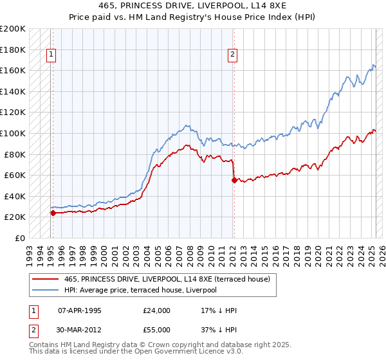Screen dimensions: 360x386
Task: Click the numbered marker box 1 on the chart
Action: pyautogui.click(x=51, y=55)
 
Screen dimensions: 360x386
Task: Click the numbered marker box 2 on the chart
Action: pyautogui.click(x=232, y=55)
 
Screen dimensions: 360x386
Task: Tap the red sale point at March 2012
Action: pyautogui.click(x=234, y=181)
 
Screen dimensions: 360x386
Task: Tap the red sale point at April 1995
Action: pyautogui.click(x=53, y=213)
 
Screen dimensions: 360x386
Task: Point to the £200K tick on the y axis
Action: pyautogui.click(x=13, y=29)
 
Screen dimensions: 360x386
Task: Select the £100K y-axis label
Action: pyautogui.click(x=13, y=133)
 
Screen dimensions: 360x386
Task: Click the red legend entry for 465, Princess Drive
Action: pyautogui.click(x=170, y=279)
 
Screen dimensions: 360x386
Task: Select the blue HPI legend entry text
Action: pyautogui.click(x=140, y=290)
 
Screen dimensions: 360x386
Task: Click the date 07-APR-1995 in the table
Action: pyautogui.click(x=80, y=310)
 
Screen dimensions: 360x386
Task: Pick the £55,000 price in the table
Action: pyautogui.click(x=157, y=329)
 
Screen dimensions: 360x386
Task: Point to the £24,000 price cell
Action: pyautogui.click(x=157, y=310)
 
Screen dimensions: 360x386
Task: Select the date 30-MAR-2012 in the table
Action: pyautogui.click(x=80, y=329)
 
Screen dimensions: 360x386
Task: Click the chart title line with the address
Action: pyautogui.click(x=193, y=6)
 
